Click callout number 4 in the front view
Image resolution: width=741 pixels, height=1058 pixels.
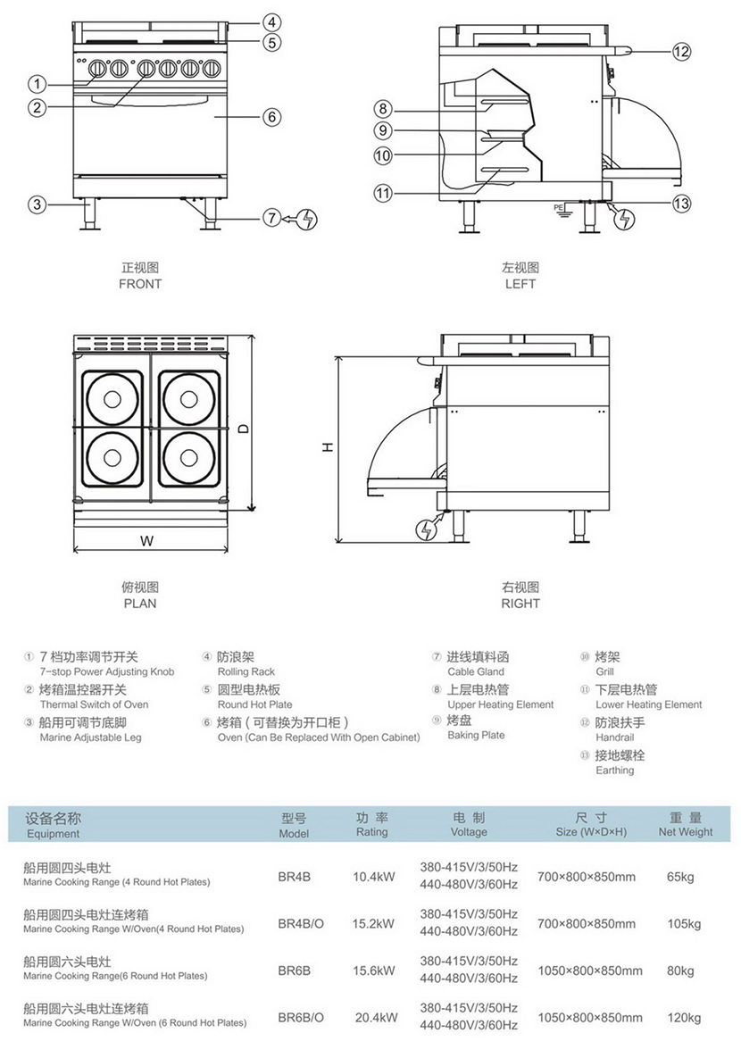coord(272,22)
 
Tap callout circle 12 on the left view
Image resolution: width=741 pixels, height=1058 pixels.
coord(681,51)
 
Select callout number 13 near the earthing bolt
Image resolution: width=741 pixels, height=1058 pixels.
coord(681,204)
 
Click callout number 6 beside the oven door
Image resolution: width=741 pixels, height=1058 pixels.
coord(272,116)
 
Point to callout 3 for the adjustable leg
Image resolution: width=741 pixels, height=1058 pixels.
coord(36,204)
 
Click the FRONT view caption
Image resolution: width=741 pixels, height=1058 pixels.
coord(140,284)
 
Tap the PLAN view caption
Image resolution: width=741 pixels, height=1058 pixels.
coord(140,603)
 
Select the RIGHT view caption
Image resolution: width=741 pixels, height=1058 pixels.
coord(520,603)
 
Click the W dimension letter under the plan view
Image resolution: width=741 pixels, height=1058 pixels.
coord(147,540)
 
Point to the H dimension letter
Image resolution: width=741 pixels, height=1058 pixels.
coord(328,447)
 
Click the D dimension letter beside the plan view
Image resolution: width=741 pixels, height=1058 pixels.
coord(243,427)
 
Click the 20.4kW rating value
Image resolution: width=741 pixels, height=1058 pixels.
coord(375,1017)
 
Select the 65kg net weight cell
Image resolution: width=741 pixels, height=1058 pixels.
coord(680,877)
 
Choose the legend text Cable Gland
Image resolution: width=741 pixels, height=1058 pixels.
coord(476,671)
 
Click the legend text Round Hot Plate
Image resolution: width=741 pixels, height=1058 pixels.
coord(254,704)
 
